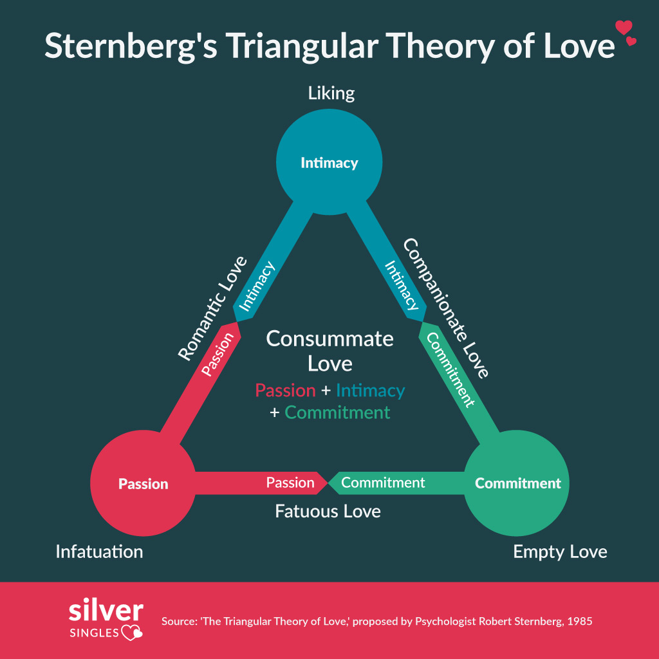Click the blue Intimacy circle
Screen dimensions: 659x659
(329, 162)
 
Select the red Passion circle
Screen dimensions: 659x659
(143, 483)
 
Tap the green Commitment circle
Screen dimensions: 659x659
(517, 483)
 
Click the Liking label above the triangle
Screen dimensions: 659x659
(331, 93)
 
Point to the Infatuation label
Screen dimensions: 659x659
(99, 552)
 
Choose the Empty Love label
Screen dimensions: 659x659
(560, 552)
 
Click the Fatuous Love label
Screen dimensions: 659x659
(328, 511)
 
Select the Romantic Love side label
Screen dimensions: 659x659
(212, 308)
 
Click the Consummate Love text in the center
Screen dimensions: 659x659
(329, 351)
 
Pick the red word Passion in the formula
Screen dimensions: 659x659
(285, 390)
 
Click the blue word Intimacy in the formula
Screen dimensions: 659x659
(370, 390)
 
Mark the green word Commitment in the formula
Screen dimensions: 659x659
(337, 412)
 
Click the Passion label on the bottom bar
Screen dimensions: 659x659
(290, 482)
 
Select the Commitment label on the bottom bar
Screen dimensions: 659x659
(383, 482)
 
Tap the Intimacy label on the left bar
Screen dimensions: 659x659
(257, 286)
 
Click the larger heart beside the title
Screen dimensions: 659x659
(624, 27)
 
